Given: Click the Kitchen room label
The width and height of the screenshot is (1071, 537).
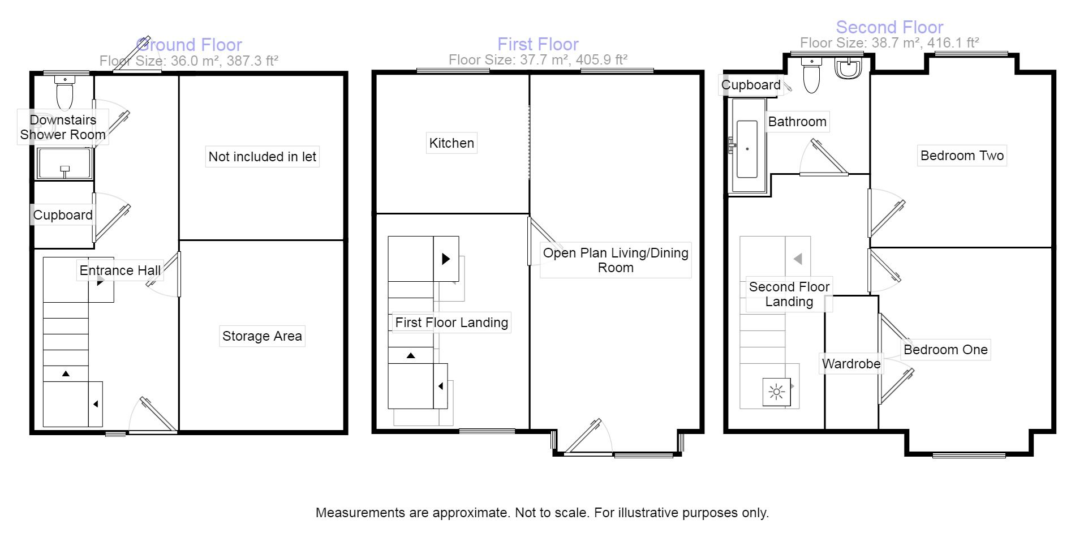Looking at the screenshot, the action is (451, 143).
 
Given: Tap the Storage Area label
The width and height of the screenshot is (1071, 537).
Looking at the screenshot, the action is (262, 336).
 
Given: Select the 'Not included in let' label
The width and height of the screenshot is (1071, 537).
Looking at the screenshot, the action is (262, 157).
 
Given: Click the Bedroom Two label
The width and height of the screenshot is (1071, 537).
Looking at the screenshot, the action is (962, 156).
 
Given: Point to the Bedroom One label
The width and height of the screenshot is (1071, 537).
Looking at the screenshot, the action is (945, 350).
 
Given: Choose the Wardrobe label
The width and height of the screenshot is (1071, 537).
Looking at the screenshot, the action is (851, 364).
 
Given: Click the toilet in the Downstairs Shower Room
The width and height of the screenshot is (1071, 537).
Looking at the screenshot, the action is (65, 92).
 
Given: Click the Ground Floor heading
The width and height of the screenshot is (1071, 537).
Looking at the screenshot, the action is (190, 45).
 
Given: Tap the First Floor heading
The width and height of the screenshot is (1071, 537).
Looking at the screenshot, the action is (538, 44).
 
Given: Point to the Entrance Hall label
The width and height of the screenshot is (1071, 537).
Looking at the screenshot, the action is (120, 270).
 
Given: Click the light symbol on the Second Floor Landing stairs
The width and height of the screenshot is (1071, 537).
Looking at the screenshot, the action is (776, 392).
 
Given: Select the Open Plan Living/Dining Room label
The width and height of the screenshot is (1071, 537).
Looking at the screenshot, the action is (616, 260).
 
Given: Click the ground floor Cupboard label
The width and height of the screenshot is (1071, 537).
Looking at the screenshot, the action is (63, 215).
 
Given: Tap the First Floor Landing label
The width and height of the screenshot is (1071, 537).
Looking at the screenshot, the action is (451, 323).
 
